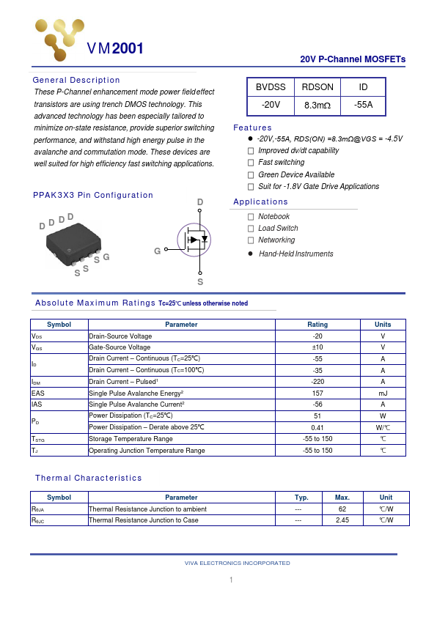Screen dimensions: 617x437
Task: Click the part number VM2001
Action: (x=115, y=49)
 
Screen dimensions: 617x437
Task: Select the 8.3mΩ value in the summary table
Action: (x=317, y=106)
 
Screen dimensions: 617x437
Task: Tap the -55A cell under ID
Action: (x=363, y=105)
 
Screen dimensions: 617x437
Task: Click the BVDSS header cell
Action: (x=271, y=87)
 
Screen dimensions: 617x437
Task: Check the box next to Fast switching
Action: (x=251, y=163)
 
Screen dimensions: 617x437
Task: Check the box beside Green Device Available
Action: (x=251, y=174)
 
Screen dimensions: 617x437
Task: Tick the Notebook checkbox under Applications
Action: (x=251, y=217)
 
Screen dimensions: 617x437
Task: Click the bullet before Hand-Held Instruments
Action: (x=251, y=254)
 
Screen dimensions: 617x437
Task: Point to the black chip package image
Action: (x=74, y=243)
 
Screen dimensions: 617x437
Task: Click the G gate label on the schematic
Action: (x=157, y=251)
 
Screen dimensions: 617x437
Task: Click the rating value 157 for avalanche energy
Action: (x=317, y=393)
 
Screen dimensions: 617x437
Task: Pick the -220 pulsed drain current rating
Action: (x=317, y=382)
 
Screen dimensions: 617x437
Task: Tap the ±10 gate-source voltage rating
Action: (x=317, y=347)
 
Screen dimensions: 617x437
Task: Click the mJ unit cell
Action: (x=383, y=393)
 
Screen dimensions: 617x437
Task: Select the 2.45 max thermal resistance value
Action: (x=342, y=520)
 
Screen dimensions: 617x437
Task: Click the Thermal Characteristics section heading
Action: (x=89, y=478)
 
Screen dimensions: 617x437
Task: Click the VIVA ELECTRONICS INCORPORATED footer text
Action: (x=237, y=563)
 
